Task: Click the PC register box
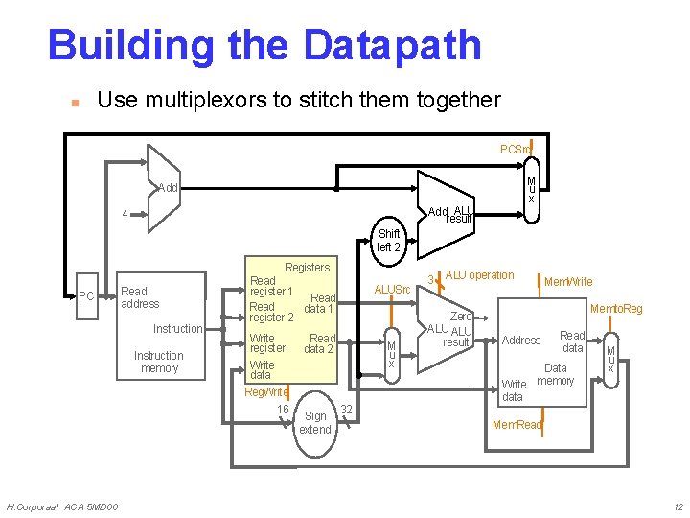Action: (x=86, y=295)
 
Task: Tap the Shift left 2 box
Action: (x=389, y=241)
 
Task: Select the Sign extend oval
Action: (x=315, y=422)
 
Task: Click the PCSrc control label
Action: (x=517, y=150)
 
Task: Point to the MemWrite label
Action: (x=568, y=282)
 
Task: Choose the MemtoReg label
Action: (x=616, y=309)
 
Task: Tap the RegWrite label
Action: (x=266, y=392)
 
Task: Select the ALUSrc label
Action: (x=392, y=290)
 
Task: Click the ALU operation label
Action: (x=480, y=275)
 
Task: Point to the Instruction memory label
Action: (x=159, y=362)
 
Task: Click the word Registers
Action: (x=307, y=268)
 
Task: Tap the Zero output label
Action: (x=461, y=317)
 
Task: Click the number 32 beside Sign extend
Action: (x=347, y=410)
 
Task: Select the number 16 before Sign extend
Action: (x=283, y=410)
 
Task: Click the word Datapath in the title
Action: (x=392, y=45)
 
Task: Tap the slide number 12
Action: (x=678, y=506)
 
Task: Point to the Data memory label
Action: (x=556, y=374)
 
